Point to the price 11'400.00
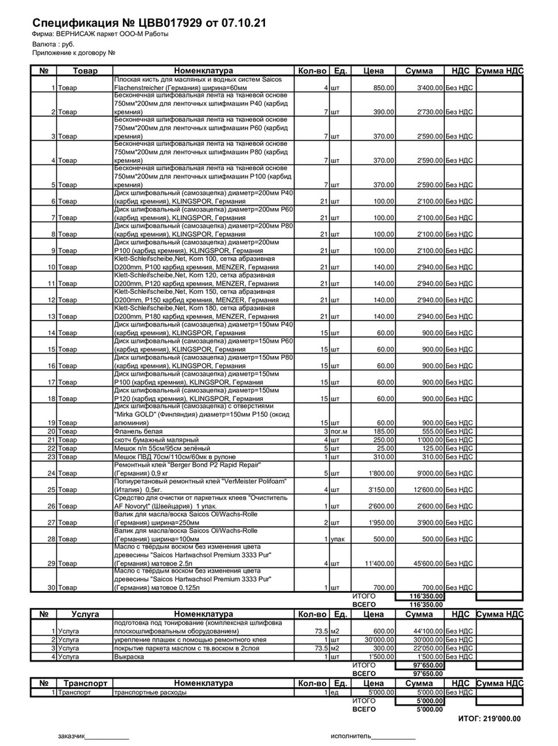coord(378,563)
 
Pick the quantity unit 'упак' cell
coord(338,539)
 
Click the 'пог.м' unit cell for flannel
coord(340,432)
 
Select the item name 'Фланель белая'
coord(135,432)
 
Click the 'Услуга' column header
coord(85,614)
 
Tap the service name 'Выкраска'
coord(129,656)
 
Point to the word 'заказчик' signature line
coord(71,736)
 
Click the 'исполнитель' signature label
coord(351,736)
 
